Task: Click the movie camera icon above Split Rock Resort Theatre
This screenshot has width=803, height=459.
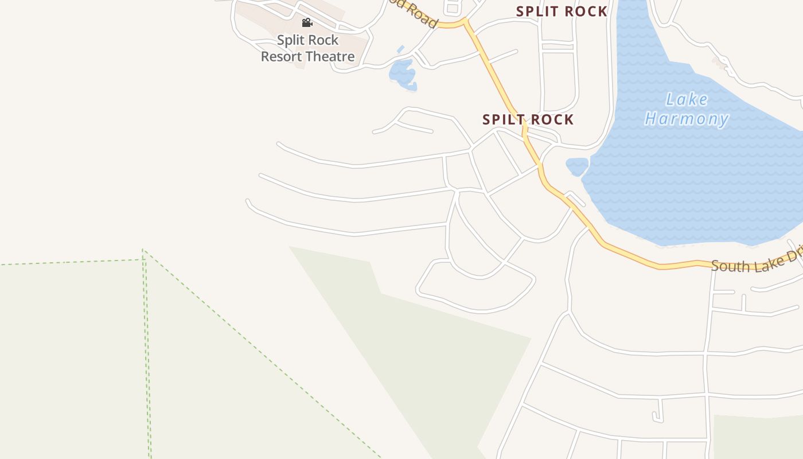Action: tap(307, 23)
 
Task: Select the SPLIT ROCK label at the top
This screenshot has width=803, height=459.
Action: tap(562, 11)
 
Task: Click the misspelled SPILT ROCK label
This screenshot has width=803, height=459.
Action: tap(528, 119)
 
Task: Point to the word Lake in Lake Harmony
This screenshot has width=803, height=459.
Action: tap(687, 100)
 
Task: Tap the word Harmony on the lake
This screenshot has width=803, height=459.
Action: tap(687, 119)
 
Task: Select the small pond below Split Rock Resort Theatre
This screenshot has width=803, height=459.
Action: tap(402, 73)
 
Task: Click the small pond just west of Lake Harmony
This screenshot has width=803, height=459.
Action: tap(576, 166)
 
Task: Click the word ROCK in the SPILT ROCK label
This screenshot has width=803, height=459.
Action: tap(552, 119)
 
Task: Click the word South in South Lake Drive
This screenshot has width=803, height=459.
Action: tap(727, 266)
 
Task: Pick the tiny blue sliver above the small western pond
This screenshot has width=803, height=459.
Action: tap(400, 49)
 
